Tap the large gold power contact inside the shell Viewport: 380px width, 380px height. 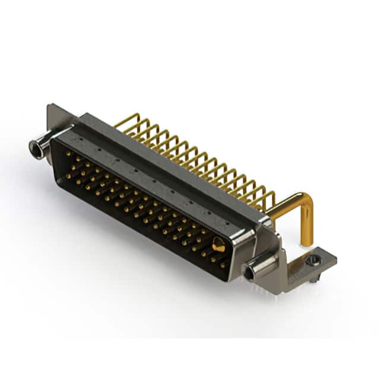(x=218, y=244)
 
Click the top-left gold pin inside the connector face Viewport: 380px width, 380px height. (x=66, y=154)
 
